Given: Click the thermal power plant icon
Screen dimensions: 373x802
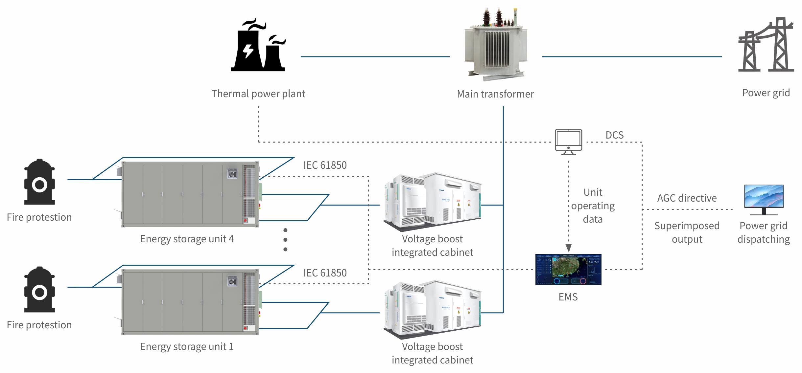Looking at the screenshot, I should [258, 46].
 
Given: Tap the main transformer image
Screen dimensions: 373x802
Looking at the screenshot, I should [496, 44].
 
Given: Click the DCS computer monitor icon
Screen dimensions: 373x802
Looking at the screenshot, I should [568, 142].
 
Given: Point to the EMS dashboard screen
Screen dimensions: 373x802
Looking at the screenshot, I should [568, 269].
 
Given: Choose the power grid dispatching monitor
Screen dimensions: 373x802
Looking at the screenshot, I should [764, 199].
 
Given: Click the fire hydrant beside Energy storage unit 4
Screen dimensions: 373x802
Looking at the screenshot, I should [39, 182].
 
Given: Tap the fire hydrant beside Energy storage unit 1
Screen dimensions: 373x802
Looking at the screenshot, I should [39, 290].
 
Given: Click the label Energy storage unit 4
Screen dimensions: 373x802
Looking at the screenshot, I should [187, 239].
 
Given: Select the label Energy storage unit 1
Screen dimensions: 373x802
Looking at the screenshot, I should [187, 347].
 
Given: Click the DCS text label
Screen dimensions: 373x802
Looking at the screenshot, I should [614, 135].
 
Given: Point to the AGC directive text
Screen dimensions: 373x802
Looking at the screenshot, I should [687, 198].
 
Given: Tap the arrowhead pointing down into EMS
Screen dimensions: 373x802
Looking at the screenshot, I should [568, 248].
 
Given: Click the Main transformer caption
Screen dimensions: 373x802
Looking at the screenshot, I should [495, 94].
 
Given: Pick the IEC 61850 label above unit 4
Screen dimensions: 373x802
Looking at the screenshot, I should [325, 165].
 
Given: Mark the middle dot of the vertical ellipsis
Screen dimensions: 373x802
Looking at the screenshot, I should [285, 240].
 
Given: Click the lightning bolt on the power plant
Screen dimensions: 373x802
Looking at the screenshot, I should [248, 51].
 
